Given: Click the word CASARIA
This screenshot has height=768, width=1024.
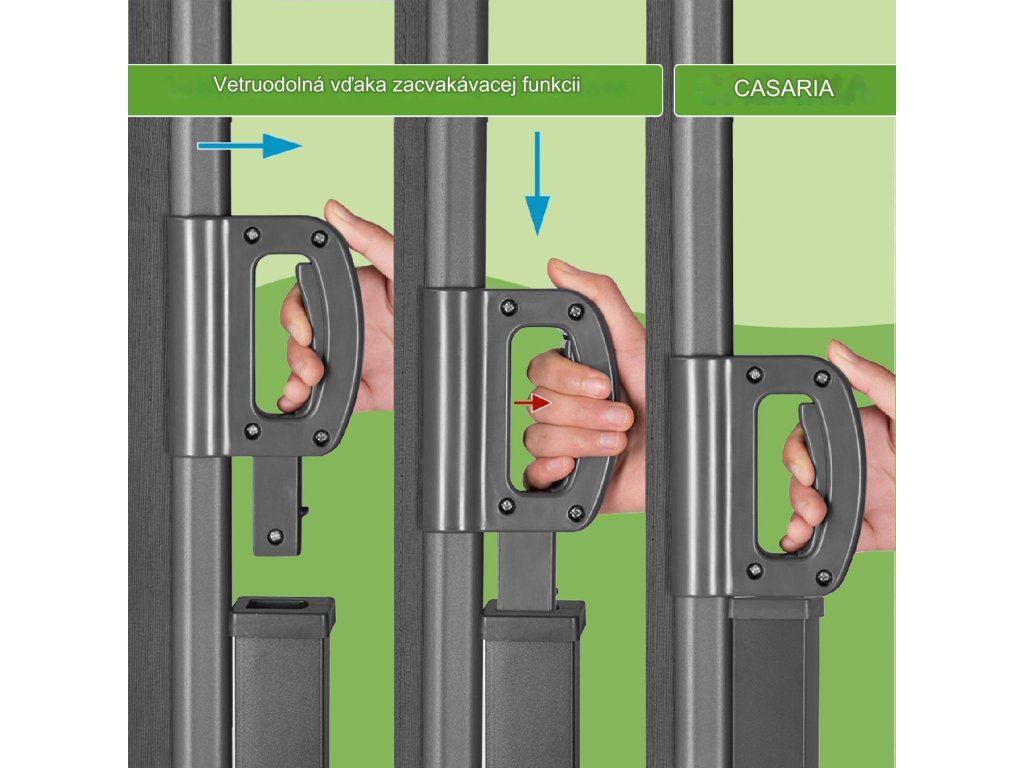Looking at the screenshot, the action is [783, 89].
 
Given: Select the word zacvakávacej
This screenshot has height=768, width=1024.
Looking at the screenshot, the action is [451, 86].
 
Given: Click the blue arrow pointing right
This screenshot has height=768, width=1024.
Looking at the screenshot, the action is [249, 146].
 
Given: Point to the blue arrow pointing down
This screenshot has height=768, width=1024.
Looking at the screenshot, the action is [537, 184].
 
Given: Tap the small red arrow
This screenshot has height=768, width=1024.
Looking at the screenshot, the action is [532, 402].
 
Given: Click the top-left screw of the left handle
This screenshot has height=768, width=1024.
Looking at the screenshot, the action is [251, 235].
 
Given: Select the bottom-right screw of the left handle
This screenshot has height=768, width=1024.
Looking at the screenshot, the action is [321, 438].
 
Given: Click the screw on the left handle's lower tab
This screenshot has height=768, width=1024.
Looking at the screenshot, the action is [276, 537].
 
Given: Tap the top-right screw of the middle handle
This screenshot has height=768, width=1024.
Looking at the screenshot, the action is [575, 312].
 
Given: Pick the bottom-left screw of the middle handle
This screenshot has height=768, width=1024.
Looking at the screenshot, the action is [506, 505].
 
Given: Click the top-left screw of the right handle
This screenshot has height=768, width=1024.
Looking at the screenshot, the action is [754, 375].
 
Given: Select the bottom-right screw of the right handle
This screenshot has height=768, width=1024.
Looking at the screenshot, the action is [824, 577].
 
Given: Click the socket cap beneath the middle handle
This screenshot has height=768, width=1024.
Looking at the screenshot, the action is [534, 620].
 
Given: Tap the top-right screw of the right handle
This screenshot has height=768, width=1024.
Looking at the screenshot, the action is [822, 378].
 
